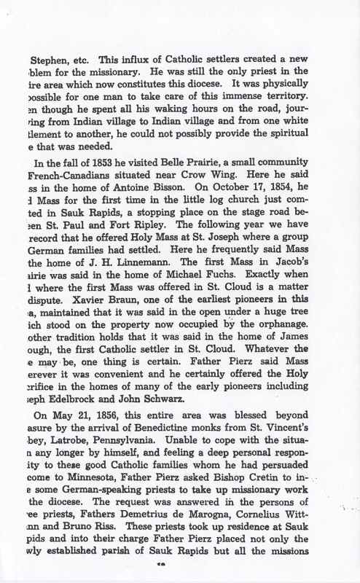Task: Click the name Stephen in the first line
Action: (47, 61)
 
